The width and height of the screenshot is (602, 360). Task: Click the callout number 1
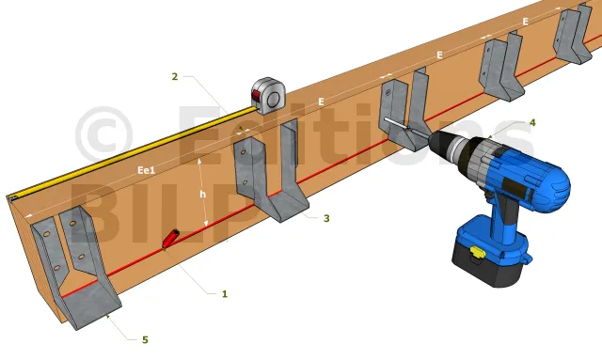pos(225,294)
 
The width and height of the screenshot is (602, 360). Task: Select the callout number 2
pos(175,76)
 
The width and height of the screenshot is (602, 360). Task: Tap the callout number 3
pos(326,218)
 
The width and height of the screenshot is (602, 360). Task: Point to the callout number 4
pos(532,122)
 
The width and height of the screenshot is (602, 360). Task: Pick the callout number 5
pos(145,339)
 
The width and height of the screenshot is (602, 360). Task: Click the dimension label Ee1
pos(147,170)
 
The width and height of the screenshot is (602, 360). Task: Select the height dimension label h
pos(203,194)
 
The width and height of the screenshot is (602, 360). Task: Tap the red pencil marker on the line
pos(171,239)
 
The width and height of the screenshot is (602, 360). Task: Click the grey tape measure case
pos(269,95)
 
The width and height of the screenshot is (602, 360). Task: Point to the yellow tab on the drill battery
pos(477,252)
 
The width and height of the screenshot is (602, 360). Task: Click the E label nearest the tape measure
pos(321,102)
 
